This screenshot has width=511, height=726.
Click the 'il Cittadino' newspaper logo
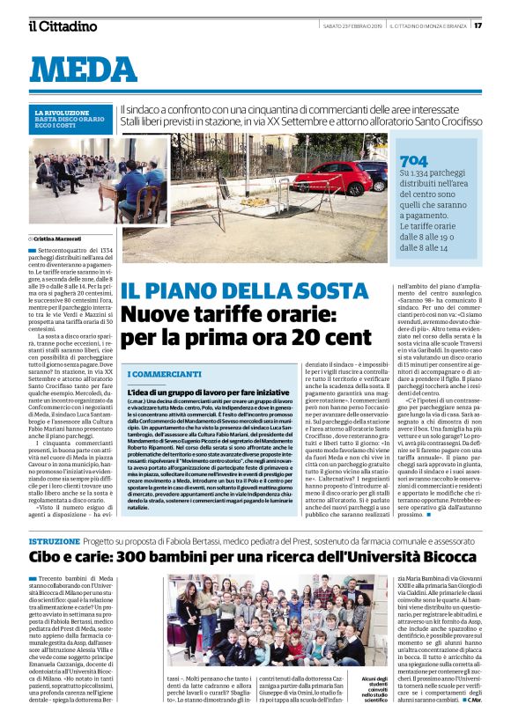[63, 26]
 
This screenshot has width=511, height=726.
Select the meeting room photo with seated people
[97, 180]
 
